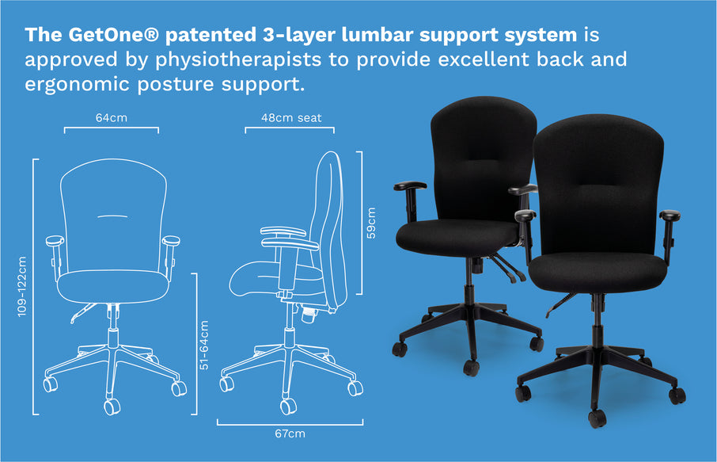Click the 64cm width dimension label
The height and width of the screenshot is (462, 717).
[111, 117]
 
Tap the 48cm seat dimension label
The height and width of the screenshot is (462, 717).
[291, 117]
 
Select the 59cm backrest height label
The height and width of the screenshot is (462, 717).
[371, 223]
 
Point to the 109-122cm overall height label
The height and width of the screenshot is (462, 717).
[22, 286]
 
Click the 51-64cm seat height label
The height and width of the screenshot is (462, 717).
[204, 345]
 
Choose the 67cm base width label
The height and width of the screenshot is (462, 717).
[290, 433]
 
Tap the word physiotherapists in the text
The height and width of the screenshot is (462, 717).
[238, 60]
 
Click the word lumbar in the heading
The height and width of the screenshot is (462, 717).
[377, 35]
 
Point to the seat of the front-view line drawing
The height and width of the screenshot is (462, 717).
[113, 286]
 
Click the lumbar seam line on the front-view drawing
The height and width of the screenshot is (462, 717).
[112, 216]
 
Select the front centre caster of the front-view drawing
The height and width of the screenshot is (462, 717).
[112, 407]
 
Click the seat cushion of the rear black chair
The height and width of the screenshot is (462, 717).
[457, 237]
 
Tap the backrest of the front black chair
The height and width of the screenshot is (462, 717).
[598, 183]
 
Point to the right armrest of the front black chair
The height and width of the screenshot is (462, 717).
[670, 229]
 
